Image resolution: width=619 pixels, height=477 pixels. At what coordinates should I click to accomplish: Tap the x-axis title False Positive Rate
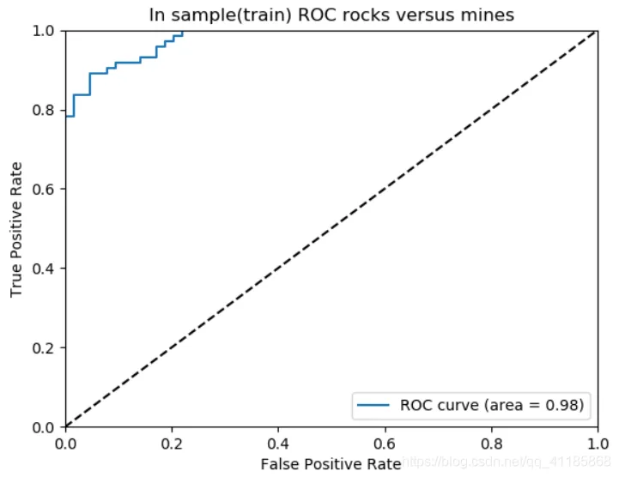coord(331,464)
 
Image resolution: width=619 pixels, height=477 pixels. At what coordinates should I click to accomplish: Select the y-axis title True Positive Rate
coord(17,229)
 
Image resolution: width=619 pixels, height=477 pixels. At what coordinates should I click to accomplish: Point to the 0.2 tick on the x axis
coord(172,443)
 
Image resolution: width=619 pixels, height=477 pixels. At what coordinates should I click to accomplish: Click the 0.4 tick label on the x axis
coord(278,443)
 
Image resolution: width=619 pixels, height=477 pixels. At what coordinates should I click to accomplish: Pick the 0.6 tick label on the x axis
coord(385,443)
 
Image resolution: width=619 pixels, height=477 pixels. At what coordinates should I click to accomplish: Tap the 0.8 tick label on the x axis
coord(491,443)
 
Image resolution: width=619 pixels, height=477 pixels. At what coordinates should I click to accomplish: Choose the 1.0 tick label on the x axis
coord(597,443)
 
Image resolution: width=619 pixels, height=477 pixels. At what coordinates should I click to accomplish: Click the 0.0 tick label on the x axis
coord(65,443)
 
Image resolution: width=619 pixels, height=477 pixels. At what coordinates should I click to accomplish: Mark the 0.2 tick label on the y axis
coord(46,347)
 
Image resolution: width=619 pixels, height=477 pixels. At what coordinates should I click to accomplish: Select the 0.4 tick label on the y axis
coord(46,269)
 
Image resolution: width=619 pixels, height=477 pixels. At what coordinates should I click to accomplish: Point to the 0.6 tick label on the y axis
coord(46,190)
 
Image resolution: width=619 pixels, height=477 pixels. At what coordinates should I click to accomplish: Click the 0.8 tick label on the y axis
coord(46,110)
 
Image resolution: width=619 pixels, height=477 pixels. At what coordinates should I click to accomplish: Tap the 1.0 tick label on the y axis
coord(46,31)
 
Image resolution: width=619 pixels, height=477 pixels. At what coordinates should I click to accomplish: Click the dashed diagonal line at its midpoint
coord(331,229)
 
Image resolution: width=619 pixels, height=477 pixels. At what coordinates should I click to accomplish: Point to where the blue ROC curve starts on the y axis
coord(66,116)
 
